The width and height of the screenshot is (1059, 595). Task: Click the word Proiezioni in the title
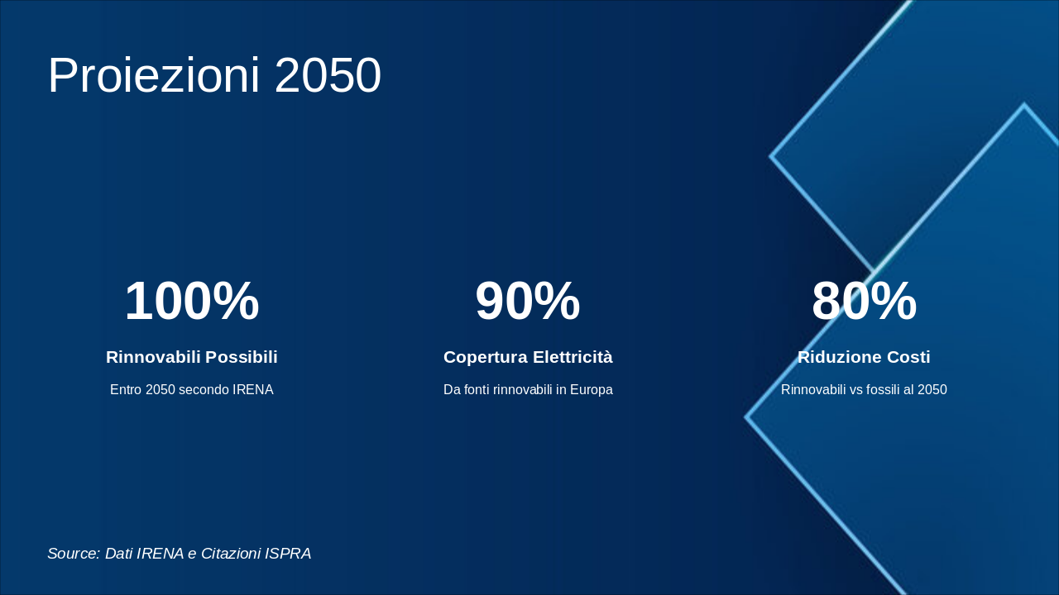(154, 75)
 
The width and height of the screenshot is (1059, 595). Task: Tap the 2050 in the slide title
(328, 75)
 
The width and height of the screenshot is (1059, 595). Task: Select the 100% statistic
(192, 302)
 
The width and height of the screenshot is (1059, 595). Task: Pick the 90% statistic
(528, 302)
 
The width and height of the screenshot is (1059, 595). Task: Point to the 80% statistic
(864, 302)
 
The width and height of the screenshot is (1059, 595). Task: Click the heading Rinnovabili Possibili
(192, 357)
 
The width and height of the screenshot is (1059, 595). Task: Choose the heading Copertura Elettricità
(528, 357)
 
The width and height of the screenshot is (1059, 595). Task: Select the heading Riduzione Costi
(864, 357)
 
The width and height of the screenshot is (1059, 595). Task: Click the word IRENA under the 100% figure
(252, 389)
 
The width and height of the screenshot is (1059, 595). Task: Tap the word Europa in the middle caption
(592, 389)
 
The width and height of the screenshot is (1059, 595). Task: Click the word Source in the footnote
(73, 554)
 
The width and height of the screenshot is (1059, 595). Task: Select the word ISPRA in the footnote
(288, 554)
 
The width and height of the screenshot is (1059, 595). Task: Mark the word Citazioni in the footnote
(230, 554)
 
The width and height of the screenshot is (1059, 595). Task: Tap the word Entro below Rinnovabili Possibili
(126, 389)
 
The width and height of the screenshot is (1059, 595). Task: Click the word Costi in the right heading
(908, 357)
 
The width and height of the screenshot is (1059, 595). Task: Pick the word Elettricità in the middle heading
(573, 357)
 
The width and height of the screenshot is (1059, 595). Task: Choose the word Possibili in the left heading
(242, 357)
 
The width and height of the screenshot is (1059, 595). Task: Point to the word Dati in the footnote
(119, 554)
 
